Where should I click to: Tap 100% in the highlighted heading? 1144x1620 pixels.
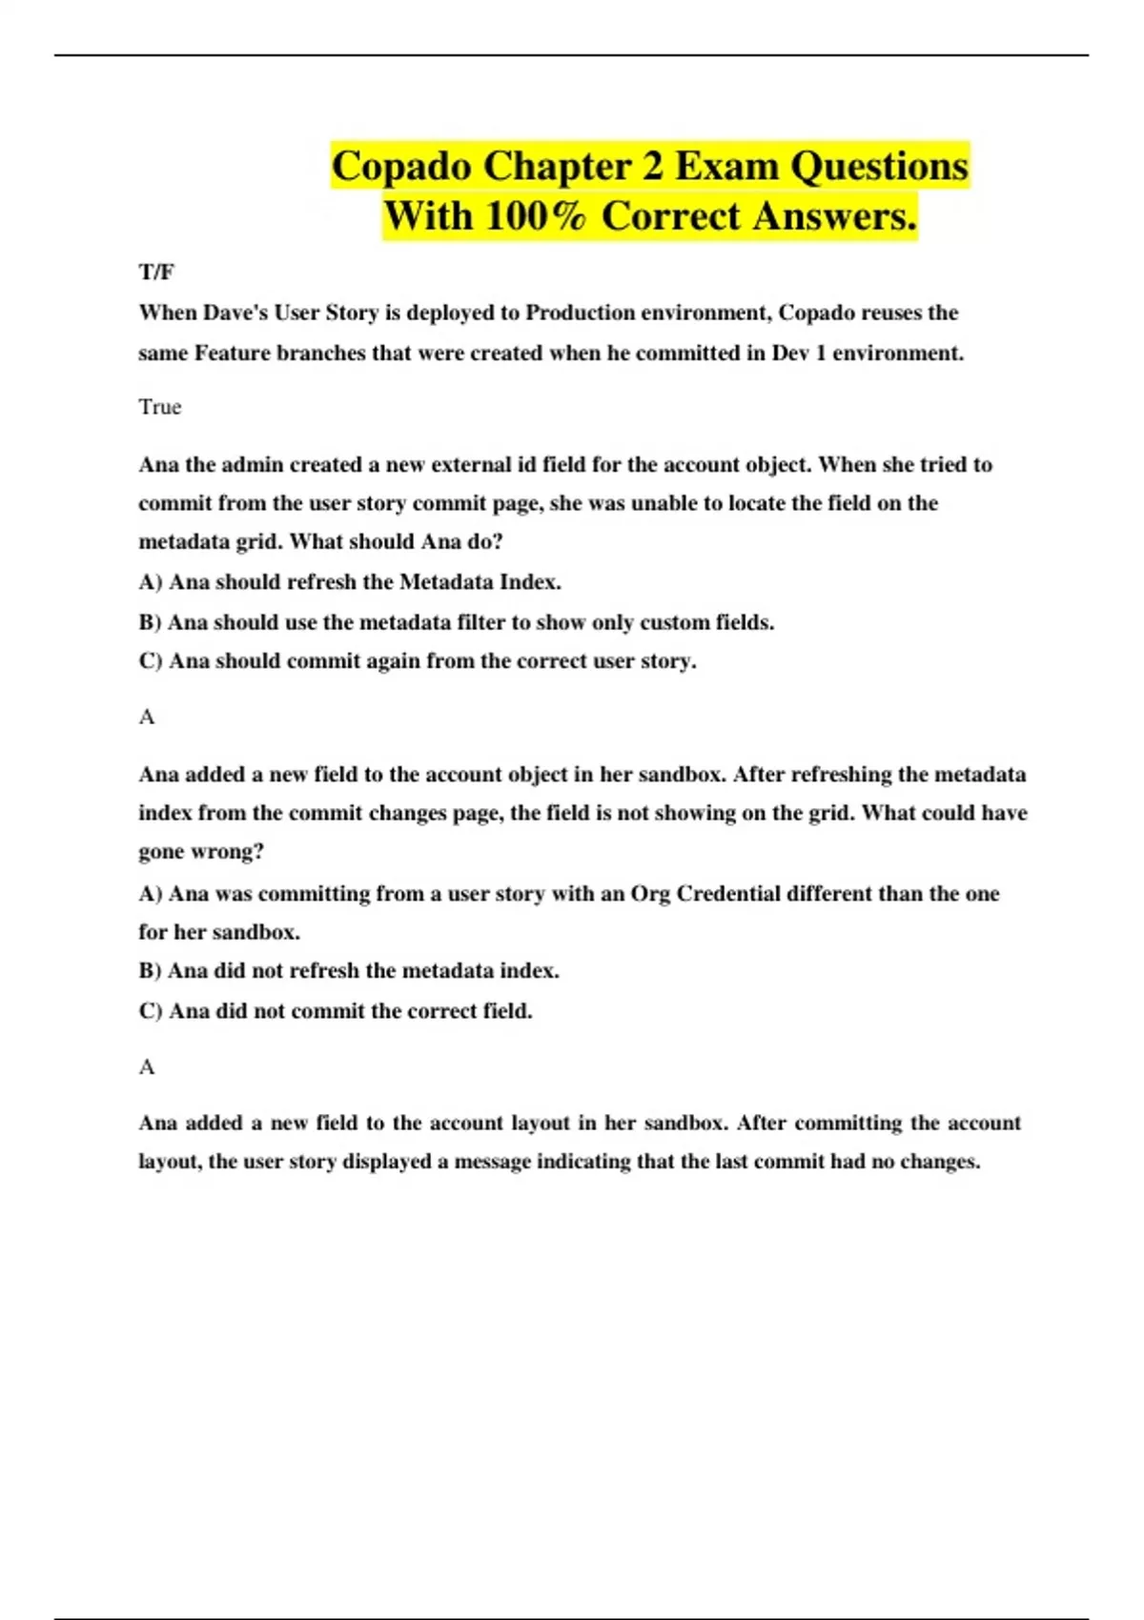[535, 216]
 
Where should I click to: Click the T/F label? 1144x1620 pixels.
[156, 273]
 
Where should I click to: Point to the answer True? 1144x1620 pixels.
[159, 407]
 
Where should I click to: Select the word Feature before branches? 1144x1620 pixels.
[233, 353]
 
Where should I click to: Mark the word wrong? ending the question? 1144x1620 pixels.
[228, 852]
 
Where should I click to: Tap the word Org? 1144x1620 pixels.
[650, 894]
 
